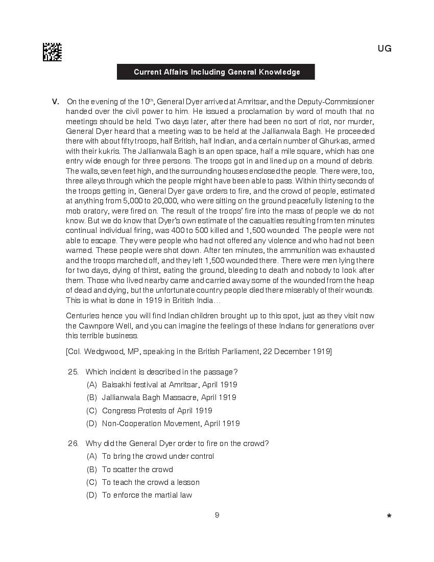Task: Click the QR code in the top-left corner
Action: pos(52,52)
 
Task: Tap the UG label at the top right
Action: pos(384,49)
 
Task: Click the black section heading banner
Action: pos(216,72)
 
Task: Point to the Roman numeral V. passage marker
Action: pos(56,102)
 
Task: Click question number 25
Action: pos(73,371)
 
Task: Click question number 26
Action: pos(73,443)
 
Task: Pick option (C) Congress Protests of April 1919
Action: pos(157,411)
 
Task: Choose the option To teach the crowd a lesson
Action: pos(151,482)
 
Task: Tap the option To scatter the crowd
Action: pos(137,470)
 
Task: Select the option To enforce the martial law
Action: pos(147,495)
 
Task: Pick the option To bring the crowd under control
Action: pos(158,456)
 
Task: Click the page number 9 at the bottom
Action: pos(217,515)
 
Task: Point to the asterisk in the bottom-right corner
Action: pos(389,517)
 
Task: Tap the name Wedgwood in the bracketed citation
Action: pos(102,352)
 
